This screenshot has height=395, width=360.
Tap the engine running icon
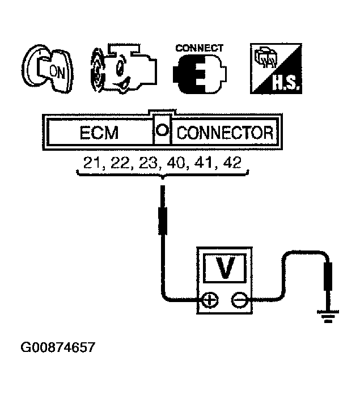120,70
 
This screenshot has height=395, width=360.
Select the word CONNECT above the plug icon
199,49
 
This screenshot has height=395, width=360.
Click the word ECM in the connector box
99,134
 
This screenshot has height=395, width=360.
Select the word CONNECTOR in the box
225,134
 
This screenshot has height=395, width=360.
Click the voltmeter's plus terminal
210,299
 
